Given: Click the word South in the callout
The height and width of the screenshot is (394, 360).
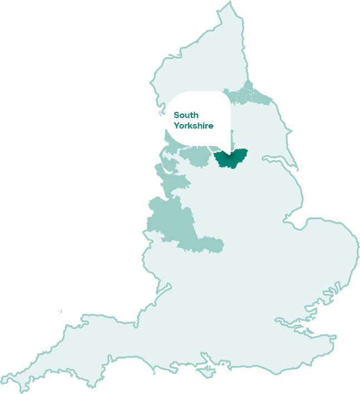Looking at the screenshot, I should (x=186, y=115).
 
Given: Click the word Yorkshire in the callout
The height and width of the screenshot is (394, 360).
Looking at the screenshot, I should (x=193, y=126).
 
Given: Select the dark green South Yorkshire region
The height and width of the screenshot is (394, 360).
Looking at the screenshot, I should (x=230, y=159).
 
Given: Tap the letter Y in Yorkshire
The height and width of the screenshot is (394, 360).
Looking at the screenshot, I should (x=176, y=126).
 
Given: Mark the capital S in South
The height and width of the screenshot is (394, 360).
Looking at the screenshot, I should (x=176, y=115).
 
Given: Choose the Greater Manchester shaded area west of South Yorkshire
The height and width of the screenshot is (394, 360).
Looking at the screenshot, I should (x=198, y=157).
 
